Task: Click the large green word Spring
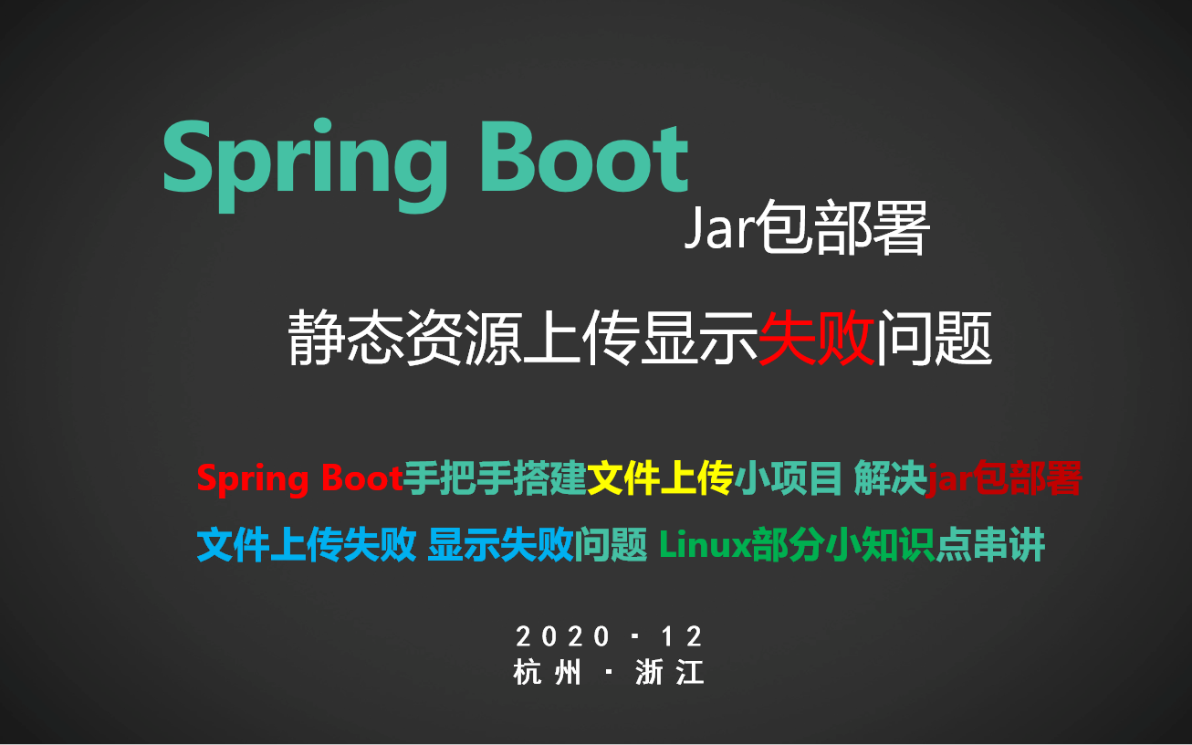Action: click(x=305, y=165)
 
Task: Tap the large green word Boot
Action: click(x=584, y=158)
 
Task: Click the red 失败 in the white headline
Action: click(x=816, y=338)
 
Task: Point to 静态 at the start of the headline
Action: click(x=347, y=338)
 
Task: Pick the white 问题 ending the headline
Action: click(x=936, y=338)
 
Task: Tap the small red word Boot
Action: click(x=361, y=477)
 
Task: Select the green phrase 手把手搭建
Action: click(x=495, y=477)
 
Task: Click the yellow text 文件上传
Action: click(x=661, y=477)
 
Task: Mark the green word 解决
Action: click(x=890, y=477)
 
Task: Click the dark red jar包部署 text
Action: click(x=1004, y=477)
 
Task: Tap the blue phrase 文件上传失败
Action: click(x=307, y=545)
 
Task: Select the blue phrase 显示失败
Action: click(x=500, y=545)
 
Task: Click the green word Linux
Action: click(x=705, y=545)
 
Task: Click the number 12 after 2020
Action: click(x=682, y=636)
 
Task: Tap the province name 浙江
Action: click(x=669, y=672)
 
